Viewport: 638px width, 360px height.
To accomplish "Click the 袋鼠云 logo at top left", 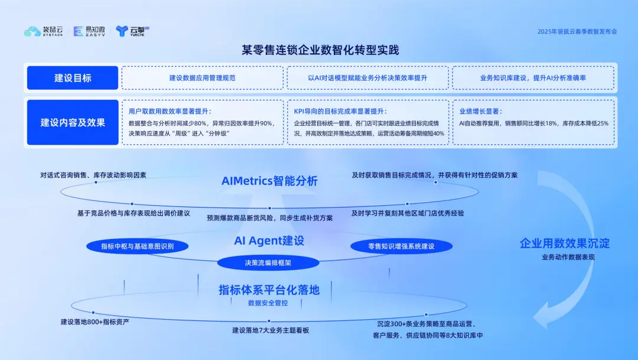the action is [x=44, y=31].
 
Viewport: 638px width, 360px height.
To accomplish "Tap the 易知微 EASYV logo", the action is [x=89, y=31].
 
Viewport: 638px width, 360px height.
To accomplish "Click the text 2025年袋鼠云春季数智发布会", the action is [x=577, y=31].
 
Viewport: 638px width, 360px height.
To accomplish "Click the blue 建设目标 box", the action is [x=73, y=78].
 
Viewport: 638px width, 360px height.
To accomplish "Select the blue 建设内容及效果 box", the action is [x=73, y=122].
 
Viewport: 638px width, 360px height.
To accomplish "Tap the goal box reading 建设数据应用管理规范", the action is [x=202, y=78].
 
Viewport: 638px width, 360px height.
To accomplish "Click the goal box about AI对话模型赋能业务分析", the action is [x=367, y=78].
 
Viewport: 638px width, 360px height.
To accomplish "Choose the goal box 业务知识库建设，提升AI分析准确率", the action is [x=533, y=78].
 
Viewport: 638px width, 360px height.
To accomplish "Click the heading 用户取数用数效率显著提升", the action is [x=170, y=111].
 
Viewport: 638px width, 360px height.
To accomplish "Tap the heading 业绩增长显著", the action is [x=480, y=111].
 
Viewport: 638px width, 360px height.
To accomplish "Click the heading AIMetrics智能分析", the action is [x=269, y=181].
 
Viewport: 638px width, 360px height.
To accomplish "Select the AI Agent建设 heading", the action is [x=269, y=241].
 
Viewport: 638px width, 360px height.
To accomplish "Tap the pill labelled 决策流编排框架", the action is [x=268, y=262].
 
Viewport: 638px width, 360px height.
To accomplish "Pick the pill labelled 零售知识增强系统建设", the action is [x=401, y=246].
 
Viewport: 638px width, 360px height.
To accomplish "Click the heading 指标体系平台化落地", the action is [x=269, y=290].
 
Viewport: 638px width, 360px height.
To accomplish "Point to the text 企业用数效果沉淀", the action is [x=564, y=244].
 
